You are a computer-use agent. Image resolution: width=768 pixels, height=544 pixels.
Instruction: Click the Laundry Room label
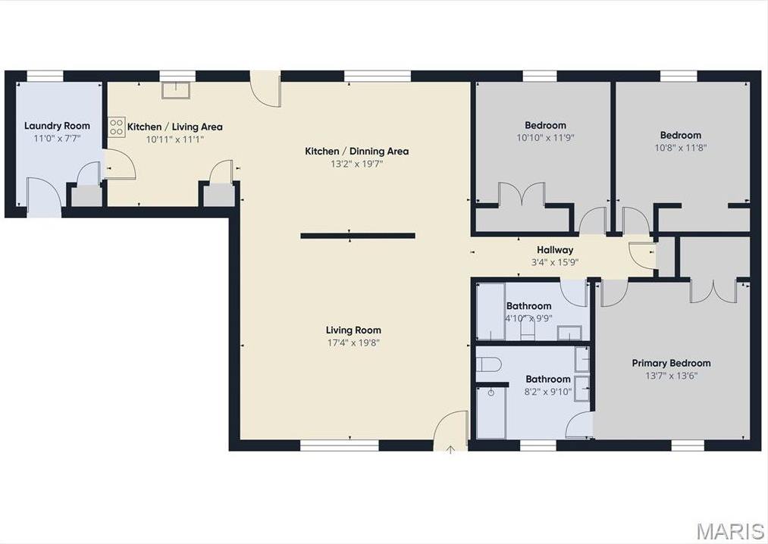[57, 126]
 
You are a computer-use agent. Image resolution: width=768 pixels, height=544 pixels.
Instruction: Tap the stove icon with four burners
[116, 127]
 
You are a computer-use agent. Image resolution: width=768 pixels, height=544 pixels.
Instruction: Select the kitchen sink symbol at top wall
[177, 90]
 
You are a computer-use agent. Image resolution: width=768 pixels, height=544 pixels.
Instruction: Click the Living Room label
[353, 330]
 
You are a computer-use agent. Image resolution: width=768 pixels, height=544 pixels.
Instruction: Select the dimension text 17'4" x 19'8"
[353, 342]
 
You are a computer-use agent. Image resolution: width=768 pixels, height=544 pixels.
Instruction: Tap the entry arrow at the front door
[450, 449]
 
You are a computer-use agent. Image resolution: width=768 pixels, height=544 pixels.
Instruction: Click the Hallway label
[555, 250]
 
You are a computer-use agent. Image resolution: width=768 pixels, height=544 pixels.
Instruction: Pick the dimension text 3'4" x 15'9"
[555, 262]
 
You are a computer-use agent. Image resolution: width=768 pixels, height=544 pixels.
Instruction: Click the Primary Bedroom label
[671, 364]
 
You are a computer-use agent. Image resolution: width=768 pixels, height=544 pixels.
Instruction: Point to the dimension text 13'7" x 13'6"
[671, 375]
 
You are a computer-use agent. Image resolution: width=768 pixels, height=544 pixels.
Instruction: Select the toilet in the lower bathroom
[489, 364]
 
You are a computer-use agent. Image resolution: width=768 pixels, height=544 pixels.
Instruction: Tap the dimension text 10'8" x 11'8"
[680, 148]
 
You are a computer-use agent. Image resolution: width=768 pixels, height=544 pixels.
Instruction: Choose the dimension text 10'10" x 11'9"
[545, 138]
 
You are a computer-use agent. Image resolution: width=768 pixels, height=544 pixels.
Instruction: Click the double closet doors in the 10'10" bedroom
[522, 195]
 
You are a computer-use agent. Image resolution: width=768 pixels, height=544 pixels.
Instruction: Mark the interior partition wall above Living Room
[357, 236]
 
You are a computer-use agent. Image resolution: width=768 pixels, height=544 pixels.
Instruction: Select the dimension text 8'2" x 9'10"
[547, 392]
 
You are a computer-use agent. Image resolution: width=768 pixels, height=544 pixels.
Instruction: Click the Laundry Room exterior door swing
[44, 196]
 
